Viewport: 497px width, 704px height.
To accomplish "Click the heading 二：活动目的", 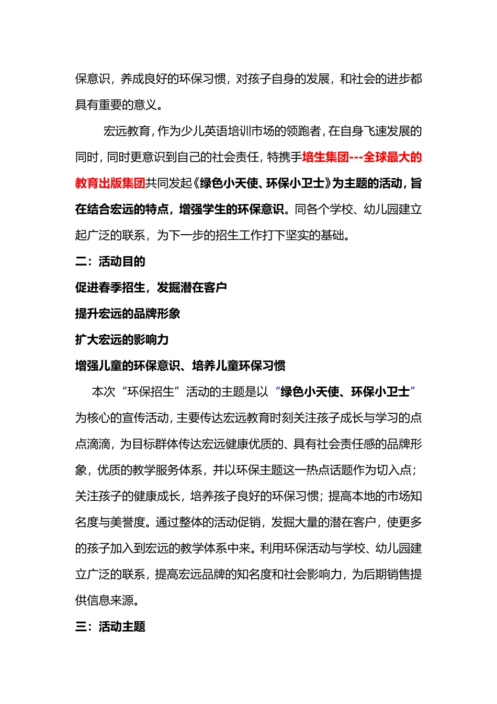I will pyautogui.click(x=110, y=261).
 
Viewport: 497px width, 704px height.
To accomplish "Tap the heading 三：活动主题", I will pyautogui.click(x=110, y=626).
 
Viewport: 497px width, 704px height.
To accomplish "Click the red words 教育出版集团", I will pyautogui.click(x=110, y=183).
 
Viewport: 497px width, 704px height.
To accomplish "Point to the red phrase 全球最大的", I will pyautogui.click(x=392, y=157).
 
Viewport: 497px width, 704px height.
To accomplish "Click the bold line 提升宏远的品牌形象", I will pyautogui.click(x=128, y=314).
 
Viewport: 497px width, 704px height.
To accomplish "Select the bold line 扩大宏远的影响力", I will pyautogui.click(x=122, y=340).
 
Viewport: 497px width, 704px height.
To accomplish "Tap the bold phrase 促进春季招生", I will pyautogui.click(x=110, y=288).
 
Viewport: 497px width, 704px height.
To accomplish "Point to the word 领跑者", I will pyautogui.click(x=303, y=131).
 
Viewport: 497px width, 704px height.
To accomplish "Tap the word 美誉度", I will pyautogui.click(x=128, y=522).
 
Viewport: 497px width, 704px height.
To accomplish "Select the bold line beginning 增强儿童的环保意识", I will pyautogui.click(x=180, y=366).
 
